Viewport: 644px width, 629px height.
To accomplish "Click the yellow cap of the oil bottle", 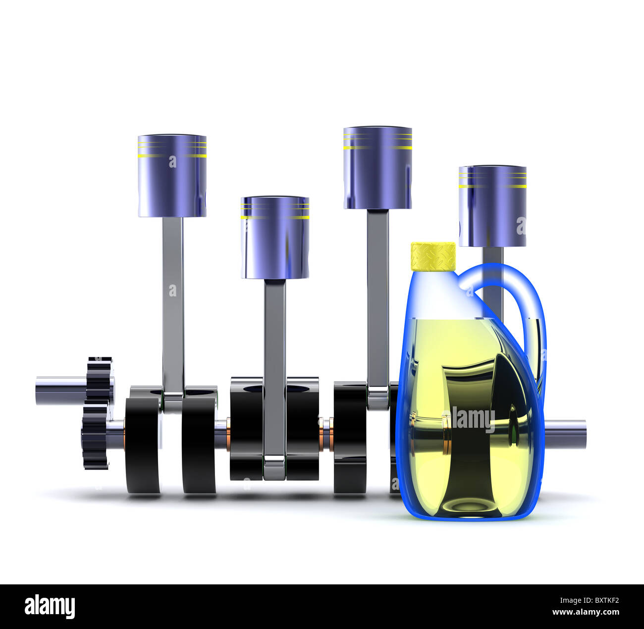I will [433, 257].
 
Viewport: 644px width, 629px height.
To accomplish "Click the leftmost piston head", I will [172, 176].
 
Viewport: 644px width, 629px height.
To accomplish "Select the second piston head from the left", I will [275, 238].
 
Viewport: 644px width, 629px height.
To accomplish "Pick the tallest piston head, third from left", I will [377, 168].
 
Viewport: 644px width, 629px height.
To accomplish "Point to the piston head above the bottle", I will [492, 206].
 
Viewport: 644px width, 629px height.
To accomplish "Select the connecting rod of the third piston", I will [377, 297].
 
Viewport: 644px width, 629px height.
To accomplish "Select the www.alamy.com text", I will [585, 612].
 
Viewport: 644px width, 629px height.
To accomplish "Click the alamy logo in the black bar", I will [50, 607].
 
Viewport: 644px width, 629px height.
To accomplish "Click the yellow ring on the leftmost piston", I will [172, 156].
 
